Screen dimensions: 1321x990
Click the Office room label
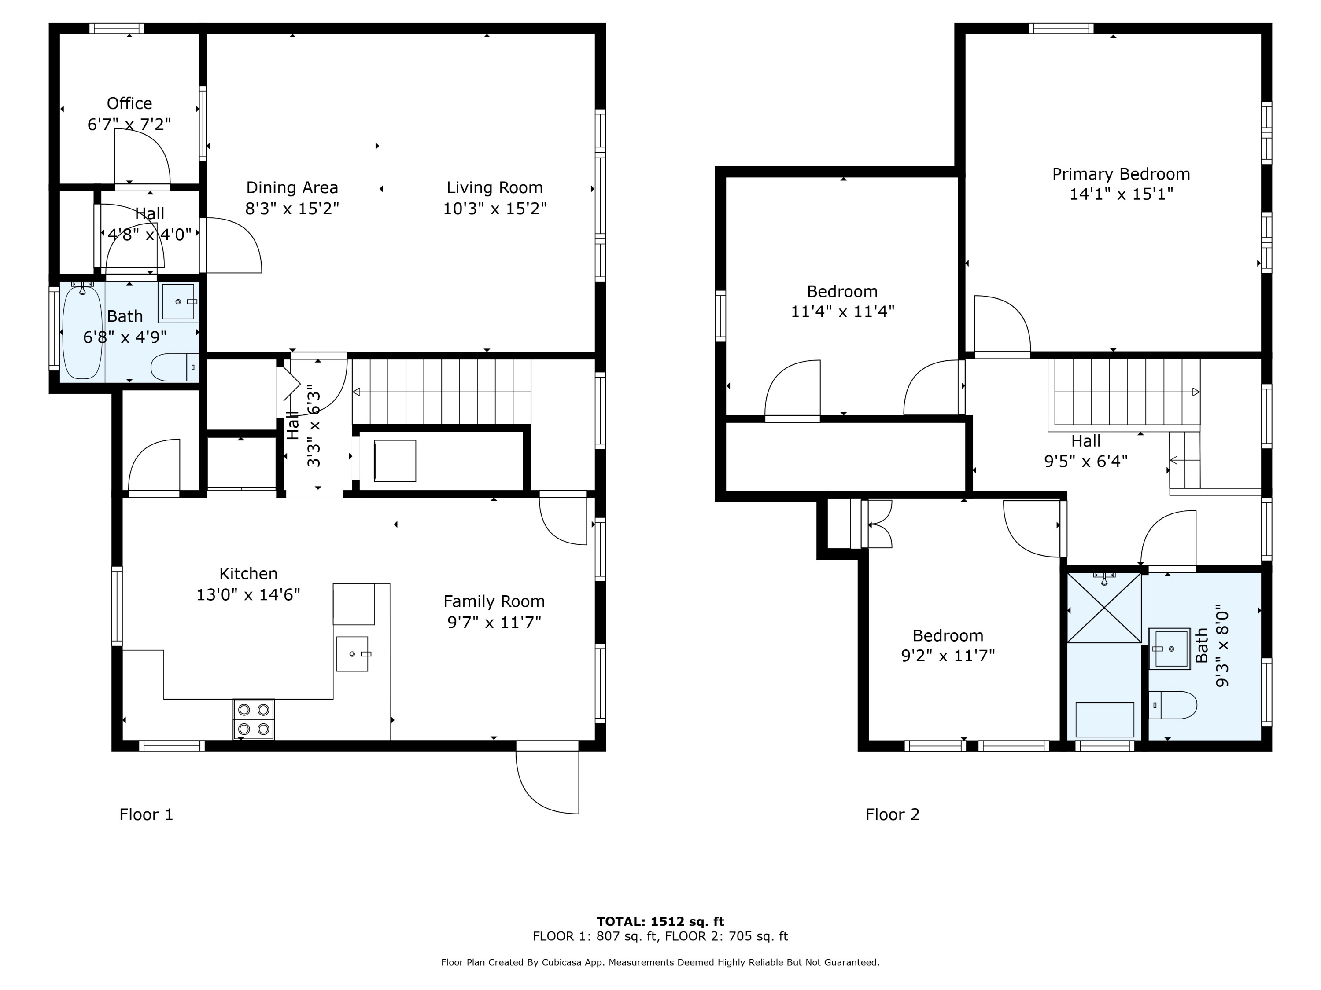[x=129, y=103]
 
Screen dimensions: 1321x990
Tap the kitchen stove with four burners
[x=254, y=719]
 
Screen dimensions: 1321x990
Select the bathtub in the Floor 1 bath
[x=82, y=331]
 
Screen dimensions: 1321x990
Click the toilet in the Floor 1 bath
[x=174, y=367]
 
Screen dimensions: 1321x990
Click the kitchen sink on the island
[x=352, y=654]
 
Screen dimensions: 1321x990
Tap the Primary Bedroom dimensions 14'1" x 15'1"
[x=1121, y=194]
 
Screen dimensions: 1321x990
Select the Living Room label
[x=494, y=187]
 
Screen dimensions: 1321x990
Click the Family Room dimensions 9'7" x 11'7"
[x=494, y=623]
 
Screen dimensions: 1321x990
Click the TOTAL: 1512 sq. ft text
[x=660, y=921]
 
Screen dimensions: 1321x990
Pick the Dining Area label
[x=292, y=187]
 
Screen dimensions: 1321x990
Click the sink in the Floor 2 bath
[x=1170, y=648]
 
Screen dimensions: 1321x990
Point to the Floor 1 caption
[x=146, y=814]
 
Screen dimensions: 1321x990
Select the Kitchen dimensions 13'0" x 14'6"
[x=248, y=594]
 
